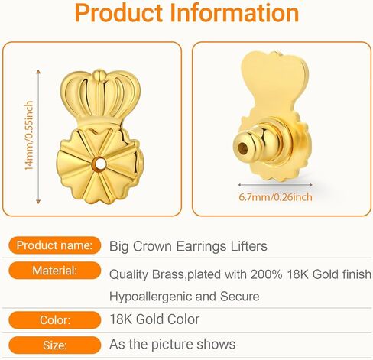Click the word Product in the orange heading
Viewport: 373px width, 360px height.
pos(118,13)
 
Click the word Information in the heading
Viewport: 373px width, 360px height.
pos(235,13)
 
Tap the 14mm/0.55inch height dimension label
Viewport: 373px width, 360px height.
pos(29,136)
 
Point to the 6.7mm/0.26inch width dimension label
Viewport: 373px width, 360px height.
pos(275,197)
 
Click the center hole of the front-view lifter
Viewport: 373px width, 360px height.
pos(100,164)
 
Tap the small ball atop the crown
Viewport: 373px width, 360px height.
pos(99,75)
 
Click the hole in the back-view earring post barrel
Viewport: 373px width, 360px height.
pos(243,148)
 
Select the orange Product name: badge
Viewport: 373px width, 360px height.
pos(55,245)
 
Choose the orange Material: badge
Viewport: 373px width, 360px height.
pos(55,271)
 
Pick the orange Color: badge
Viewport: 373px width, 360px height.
pos(55,319)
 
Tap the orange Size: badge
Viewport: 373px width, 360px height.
pos(55,345)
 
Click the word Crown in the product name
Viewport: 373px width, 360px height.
pos(152,246)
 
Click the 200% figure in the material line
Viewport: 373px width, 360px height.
pos(266,274)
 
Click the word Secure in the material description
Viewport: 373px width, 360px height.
pos(240,297)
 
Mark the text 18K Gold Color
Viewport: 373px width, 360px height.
pos(154,319)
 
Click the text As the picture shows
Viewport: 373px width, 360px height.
pos(172,345)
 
